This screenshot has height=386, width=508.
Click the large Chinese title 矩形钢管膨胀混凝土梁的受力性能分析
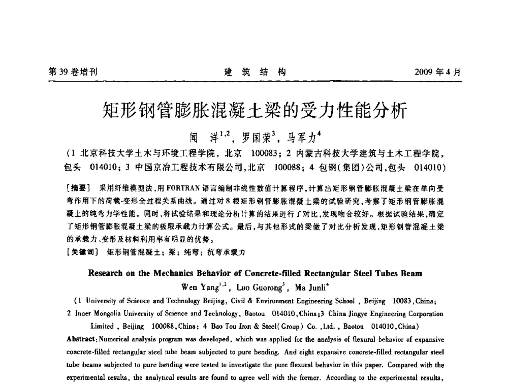tap(254, 109)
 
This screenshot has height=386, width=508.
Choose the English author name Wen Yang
tap(200, 286)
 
